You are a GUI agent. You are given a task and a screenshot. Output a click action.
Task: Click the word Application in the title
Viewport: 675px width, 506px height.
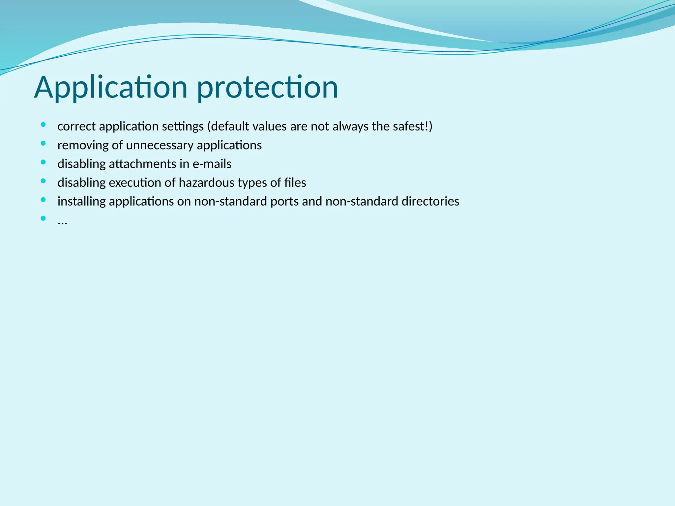(x=111, y=87)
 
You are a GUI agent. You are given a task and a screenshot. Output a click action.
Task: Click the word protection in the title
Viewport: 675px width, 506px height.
(x=267, y=87)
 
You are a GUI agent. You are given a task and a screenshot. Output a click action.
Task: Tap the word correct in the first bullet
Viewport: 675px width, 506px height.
(x=76, y=126)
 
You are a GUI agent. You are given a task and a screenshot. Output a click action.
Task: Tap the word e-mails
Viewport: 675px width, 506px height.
(x=212, y=164)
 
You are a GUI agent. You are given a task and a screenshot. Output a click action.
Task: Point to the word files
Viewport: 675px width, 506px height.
(x=295, y=183)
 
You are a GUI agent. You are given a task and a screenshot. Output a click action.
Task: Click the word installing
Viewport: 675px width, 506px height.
(x=81, y=202)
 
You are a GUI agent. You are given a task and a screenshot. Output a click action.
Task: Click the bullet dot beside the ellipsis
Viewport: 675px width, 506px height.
(x=43, y=218)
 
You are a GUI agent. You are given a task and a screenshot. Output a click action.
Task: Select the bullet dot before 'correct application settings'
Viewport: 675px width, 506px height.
(x=43, y=125)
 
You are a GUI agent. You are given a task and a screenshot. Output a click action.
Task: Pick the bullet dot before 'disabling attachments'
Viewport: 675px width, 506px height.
(x=43, y=162)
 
